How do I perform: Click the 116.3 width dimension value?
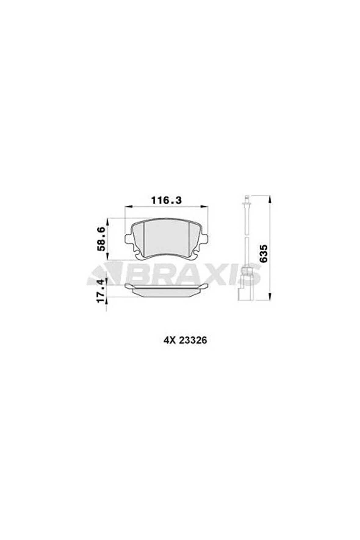167,200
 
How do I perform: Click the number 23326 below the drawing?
193,340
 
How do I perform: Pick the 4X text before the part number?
168,340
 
